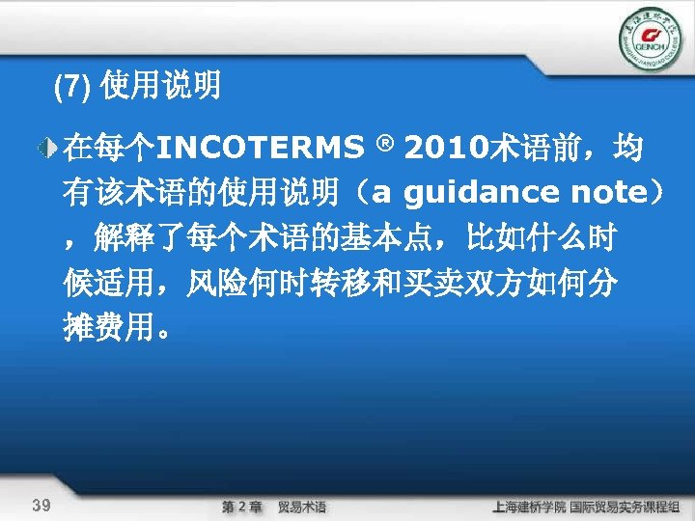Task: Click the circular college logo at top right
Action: [649, 40]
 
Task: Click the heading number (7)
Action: [71, 90]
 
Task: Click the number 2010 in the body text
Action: [447, 151]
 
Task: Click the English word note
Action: [604, 194]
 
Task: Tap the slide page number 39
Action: [42, 505]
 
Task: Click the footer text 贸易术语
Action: [301, 507]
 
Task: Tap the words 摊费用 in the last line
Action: [106, 328]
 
